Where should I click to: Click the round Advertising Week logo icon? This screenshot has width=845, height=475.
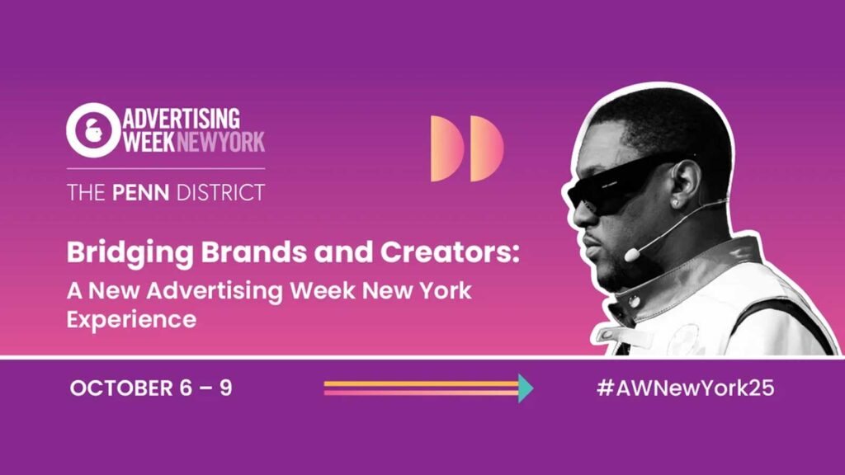click(x=93, y=130)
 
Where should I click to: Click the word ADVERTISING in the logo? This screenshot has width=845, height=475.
click(x=182, y=119)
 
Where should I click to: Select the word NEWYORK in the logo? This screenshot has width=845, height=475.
click(x=221, y=142)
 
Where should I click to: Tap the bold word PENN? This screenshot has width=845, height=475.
click(x=140, y=193)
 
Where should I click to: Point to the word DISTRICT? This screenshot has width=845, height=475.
click(x=221, y=193)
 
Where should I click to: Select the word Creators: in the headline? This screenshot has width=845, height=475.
click(x=450, y=252)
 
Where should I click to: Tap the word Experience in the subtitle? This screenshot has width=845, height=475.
click(x=131, y=320)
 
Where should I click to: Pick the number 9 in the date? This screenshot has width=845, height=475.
click(x=226, y=388)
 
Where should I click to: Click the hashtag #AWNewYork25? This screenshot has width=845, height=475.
click(x=686, y=388)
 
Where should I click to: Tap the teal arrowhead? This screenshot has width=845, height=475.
click(x=526, y=388)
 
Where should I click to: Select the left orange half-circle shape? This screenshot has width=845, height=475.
click(x=446, y=148)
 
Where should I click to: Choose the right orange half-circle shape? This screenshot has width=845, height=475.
click(x=487, y=148)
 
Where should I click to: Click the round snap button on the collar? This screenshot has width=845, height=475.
click(x=635, y=302)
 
